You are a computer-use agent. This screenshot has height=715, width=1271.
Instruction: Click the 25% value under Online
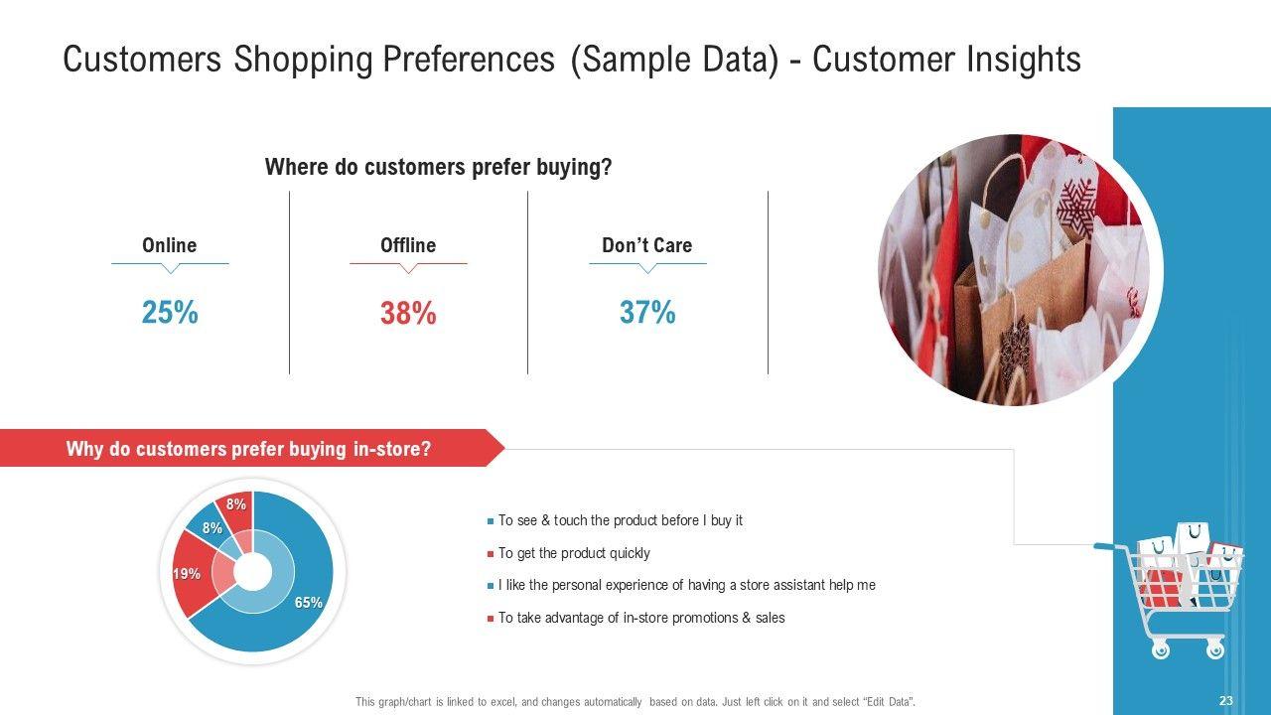[170, 312]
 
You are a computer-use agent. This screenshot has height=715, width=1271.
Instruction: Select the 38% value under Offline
[408, 313]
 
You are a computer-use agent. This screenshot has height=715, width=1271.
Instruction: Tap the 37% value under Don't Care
[647, 312]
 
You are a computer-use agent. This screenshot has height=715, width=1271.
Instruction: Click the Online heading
[169, 245]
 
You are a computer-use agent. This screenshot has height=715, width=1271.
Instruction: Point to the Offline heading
[408, 245]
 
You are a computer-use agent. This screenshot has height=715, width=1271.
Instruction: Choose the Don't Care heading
[646, 245]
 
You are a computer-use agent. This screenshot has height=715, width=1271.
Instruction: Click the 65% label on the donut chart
[309, 603]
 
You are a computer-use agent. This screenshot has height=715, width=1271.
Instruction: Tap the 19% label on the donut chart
[187, 574]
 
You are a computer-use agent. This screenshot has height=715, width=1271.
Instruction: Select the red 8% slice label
[236, 503]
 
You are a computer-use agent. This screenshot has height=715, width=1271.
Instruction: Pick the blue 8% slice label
[212, 528]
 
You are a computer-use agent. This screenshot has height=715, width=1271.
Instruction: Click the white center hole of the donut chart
[253, 572]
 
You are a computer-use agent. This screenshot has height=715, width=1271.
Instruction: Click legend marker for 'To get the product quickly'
[491, 554]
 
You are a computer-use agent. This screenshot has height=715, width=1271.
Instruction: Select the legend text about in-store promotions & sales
[641, 618]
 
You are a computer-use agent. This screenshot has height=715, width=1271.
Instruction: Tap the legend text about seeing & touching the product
[621, 520]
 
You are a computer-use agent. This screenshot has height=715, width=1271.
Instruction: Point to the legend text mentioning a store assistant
[686, 585]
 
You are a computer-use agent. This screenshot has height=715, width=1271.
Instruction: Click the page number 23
[1225, 701]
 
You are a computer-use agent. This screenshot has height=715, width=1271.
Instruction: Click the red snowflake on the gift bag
[1076, 208]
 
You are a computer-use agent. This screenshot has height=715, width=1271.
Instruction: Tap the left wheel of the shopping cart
[1161, 649]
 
